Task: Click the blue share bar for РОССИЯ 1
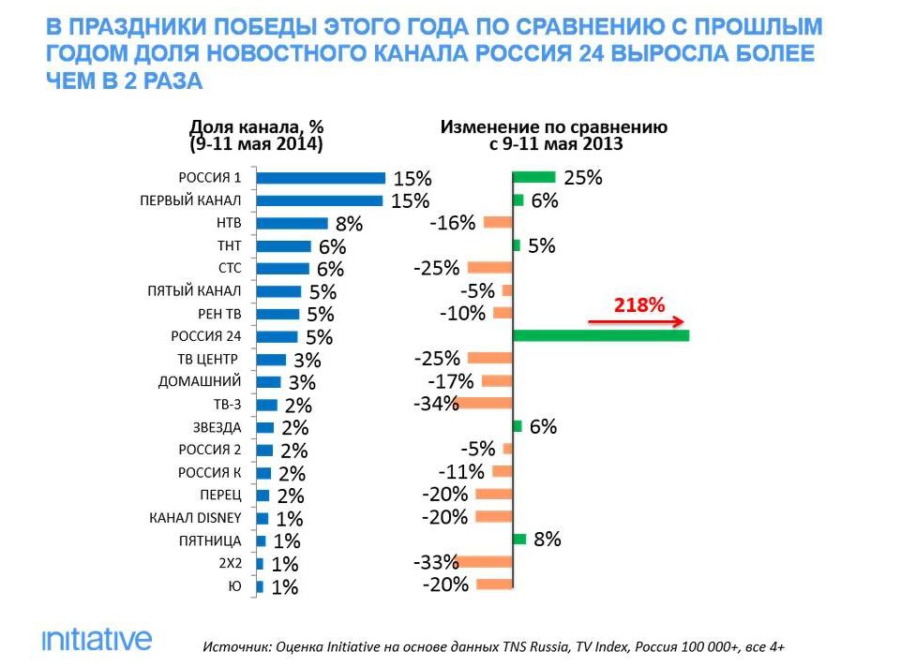pos(320,178)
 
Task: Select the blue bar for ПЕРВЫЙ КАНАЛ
pos(319,200)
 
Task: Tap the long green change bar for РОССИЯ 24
pos(601,336)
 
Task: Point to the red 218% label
pos(638,304)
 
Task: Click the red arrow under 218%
pos(636,321)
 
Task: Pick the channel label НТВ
pos(229,224)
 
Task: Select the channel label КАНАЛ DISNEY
pos(196,518)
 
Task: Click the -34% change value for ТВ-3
pos(435,405)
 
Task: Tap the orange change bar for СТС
pos(488,268)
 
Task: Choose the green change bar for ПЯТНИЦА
pos(519,540)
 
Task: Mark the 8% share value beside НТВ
pos(349,225)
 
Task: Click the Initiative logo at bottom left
pos(96,640)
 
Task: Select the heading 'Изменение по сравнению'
pos(554,126)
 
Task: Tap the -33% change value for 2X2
pos(435,562)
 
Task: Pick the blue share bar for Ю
pos(260,585)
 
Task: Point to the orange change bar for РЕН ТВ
pos(503,313)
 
